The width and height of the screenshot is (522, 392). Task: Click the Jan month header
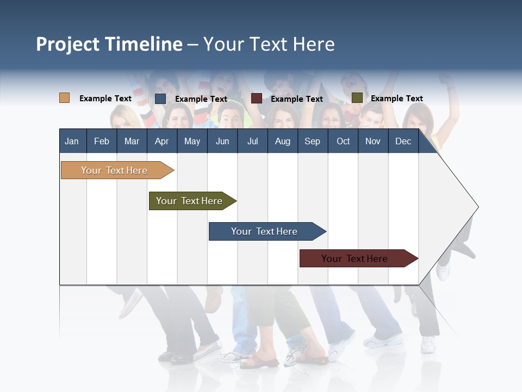[72, 141]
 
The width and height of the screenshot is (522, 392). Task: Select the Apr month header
[162, 141]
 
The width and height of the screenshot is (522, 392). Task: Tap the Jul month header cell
[252, 141]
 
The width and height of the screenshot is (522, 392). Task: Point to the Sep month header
[313, 141]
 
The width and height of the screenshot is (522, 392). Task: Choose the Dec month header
[403, 141]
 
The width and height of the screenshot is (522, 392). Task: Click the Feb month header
[102, 141]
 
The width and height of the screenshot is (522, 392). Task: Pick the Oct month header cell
[343, 141]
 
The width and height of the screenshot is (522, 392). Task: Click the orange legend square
[65, 98]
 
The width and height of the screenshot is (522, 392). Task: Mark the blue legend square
[160, 99]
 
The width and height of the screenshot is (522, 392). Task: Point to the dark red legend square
[257, 99]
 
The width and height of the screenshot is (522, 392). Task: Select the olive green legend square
[357, 98]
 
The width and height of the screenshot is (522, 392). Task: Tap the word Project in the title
[69, 44]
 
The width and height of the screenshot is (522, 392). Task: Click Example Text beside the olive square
[396, 99]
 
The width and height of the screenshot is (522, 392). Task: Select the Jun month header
[222, 141]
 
